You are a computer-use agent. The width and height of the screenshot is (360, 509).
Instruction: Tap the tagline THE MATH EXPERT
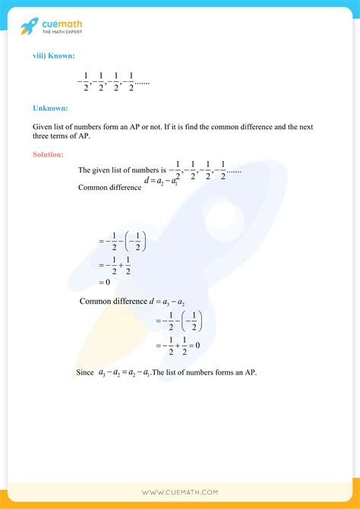tap(62, 33)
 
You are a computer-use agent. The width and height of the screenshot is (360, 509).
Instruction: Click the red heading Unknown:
tap(50, 108)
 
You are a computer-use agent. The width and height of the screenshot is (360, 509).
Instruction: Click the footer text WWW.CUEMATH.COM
tap(180, 493)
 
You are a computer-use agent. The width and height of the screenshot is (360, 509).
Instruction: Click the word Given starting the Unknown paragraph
tap(43, 126)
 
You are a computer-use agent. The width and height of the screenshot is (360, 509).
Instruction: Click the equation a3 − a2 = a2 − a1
tap(125, 373)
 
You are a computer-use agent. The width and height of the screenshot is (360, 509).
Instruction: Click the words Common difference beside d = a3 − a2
tap(113, 301)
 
